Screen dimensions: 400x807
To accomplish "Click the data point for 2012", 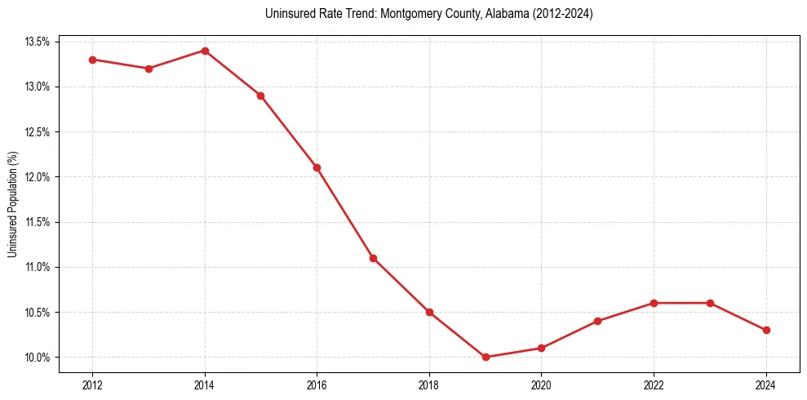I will tap(92, 60).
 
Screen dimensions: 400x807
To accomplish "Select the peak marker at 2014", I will tap(205, 51).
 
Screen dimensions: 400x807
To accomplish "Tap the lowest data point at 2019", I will tap(486, 357).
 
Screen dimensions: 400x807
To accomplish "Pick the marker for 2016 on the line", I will tap(317, 167).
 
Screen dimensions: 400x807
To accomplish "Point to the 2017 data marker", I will tap(373, 258).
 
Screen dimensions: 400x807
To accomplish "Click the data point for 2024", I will tap(766, 330).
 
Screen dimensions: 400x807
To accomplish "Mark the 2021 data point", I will tap(597, 321).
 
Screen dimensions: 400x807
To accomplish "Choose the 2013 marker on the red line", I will tap(149, 69).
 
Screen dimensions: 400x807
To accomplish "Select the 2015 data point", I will tap(260, 96).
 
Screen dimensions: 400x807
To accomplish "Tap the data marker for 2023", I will tap(710, 303).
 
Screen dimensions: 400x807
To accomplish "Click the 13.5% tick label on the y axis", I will tap(38, 42).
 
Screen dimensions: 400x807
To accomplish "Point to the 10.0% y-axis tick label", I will tap(38, 358).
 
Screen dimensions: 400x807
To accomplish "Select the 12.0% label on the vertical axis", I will tap(38, 177).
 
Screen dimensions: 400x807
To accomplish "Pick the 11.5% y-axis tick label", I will tap(38, 222).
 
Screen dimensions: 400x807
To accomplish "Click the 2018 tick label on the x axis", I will tap(429, 384).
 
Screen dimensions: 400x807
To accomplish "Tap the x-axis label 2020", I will tap(541, 384).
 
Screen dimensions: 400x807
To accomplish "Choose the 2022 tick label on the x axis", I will tap(654, 384).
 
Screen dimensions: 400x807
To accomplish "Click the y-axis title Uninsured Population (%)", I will tap(12, 204).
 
